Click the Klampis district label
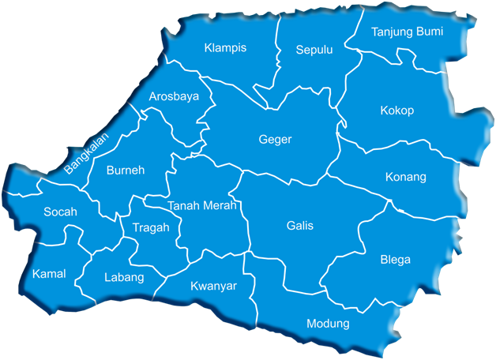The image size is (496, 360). click(x=225, y=48)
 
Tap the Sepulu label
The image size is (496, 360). click(x=314, y=50)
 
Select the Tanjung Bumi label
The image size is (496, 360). click(x=407, y=32)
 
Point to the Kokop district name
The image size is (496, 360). click(x=396, y=111)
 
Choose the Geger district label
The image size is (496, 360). click(x=275, y=140)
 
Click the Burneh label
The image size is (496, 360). click(x=125, y=170)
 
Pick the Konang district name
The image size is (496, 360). click(x=406, y=176)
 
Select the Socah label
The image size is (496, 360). click(x=60, y=212)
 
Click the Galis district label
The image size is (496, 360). click(x=300, y=226)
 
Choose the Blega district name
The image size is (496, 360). click(x=395, y=260)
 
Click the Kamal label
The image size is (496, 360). click(x=49, y=274)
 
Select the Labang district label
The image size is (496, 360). click(x=124, y=277)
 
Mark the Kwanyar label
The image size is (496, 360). click(x=213, y=285)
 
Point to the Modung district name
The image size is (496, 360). click(x=327, y=324)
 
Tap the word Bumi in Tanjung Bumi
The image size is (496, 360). click(x=430, y=32)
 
